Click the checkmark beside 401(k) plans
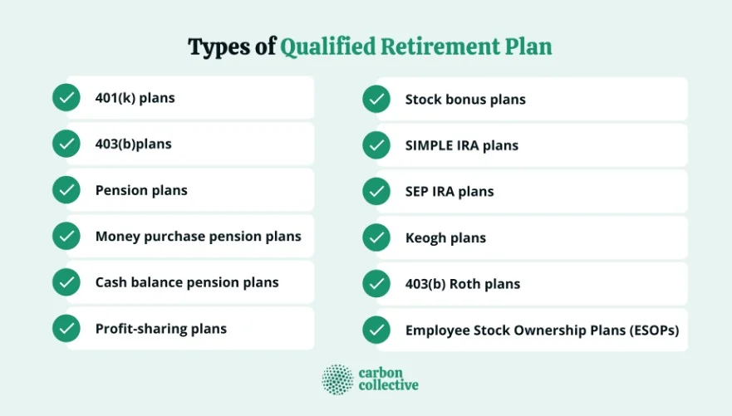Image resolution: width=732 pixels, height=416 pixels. (x=66, y=98)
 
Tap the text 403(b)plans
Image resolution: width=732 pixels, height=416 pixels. (x=133, y=144)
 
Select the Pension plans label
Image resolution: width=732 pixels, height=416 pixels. (x=141, y=190)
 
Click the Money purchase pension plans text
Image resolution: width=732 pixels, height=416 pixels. (x=198, y=237)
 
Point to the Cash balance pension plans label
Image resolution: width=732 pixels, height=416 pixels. (x=187, y=282)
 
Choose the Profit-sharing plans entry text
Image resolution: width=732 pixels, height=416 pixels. (x=160, y=329)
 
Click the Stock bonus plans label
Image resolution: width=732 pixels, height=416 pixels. (x=465, y=100)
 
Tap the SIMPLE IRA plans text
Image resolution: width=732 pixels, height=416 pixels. (x=461, y=145)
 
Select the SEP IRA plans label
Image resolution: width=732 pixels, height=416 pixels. (x=450, y=192)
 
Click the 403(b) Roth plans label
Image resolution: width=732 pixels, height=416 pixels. (x=462, y=284)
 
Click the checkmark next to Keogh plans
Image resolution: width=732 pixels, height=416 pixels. (x=376, y=237)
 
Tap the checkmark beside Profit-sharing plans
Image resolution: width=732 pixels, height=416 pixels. (x=66, y=328)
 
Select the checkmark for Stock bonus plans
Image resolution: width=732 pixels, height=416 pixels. (x=376, y=100)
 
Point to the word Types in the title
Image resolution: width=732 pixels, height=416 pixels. (x=219, y=47)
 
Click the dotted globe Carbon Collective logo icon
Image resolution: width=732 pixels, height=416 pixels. (x=337, y=379)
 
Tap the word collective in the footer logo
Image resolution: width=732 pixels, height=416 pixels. (x=388, y=386)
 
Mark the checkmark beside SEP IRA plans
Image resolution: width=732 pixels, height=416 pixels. (x=376, y=192)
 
